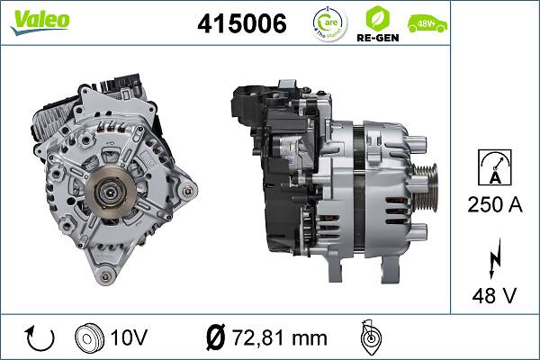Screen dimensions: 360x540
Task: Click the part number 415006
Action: [x=241, y=23]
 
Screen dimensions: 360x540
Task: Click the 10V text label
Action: [x=130, y=337]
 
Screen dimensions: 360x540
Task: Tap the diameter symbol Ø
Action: [x=214, y=337]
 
